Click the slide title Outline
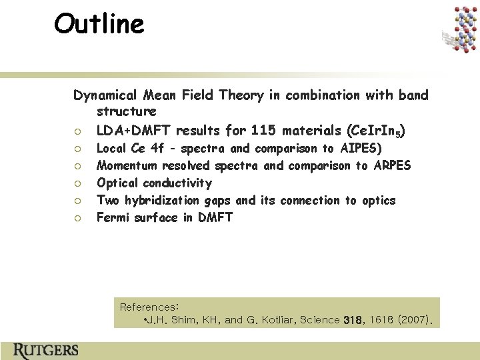coord(99,24)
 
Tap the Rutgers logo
coord(45,350)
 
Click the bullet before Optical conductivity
coord(79,183)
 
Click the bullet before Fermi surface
coord(79,218)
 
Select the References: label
coord(149,307)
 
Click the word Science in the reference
coord(319,320)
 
